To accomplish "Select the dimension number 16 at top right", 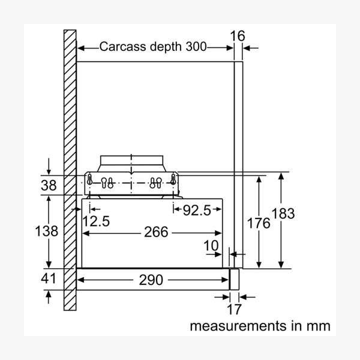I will [x=238, y=35].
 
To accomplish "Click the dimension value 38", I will [x=49, y=185].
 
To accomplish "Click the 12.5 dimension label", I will [x=97, y=220].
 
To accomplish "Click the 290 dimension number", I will [x=155, y=279].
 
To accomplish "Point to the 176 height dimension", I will [x=259, y=223].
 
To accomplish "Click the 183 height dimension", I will [x=283, y=213].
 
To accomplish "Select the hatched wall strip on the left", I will [x=70, y=174].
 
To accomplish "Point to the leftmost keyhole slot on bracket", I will [x=91, y=179].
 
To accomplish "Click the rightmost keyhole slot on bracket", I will [x=173, y=179].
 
